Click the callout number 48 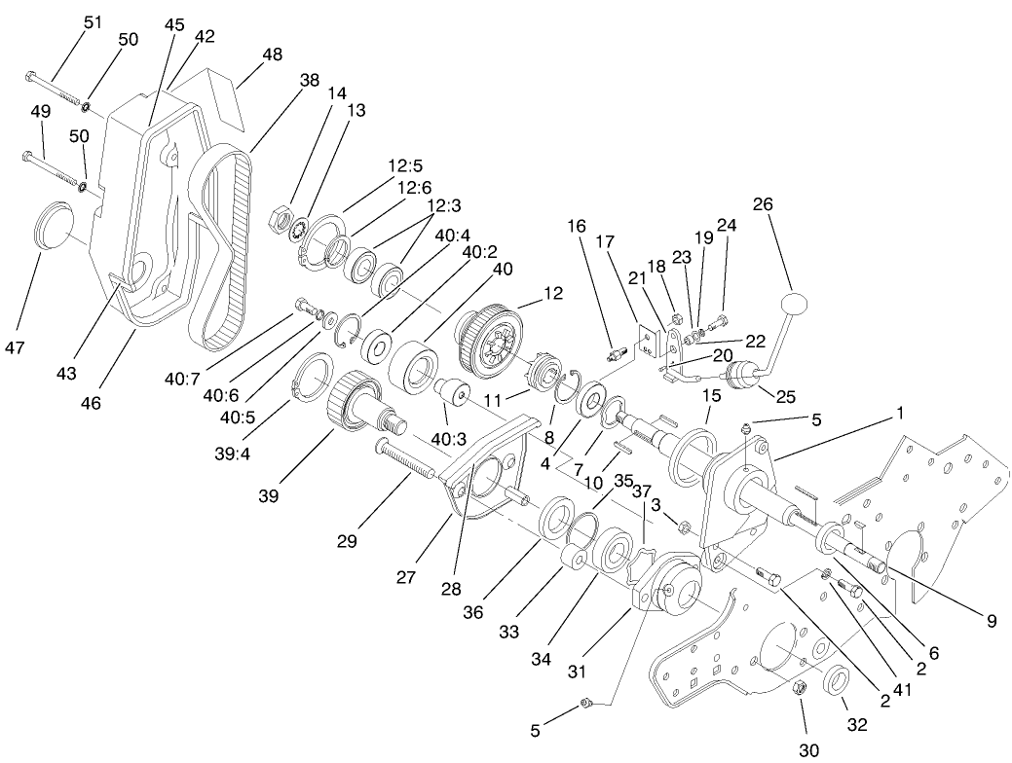pyautogui.click(x=272, y=55)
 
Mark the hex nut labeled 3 pyautogui.click(x=684, y=527)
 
